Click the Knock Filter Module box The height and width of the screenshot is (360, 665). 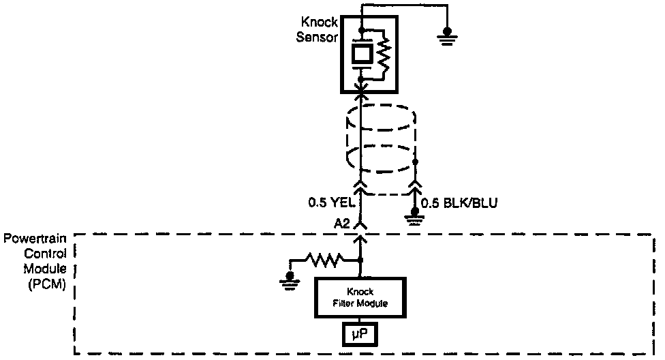coord(360,297)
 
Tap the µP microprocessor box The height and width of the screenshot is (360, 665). coord(360,335)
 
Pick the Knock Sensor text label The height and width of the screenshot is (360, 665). coord(318,29)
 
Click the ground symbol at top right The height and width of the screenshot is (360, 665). coord(448,34)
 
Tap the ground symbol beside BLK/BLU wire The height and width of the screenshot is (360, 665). coord(413,217)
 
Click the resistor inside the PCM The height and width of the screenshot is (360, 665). coord(326,260)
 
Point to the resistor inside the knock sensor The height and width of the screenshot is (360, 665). coord(384,55)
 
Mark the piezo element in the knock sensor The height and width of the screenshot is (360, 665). coord(361,55)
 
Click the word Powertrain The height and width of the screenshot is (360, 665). coord(35,239)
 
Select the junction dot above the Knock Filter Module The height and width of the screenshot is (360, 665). coord(360,260)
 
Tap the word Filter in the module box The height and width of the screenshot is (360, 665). coord(348,303)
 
